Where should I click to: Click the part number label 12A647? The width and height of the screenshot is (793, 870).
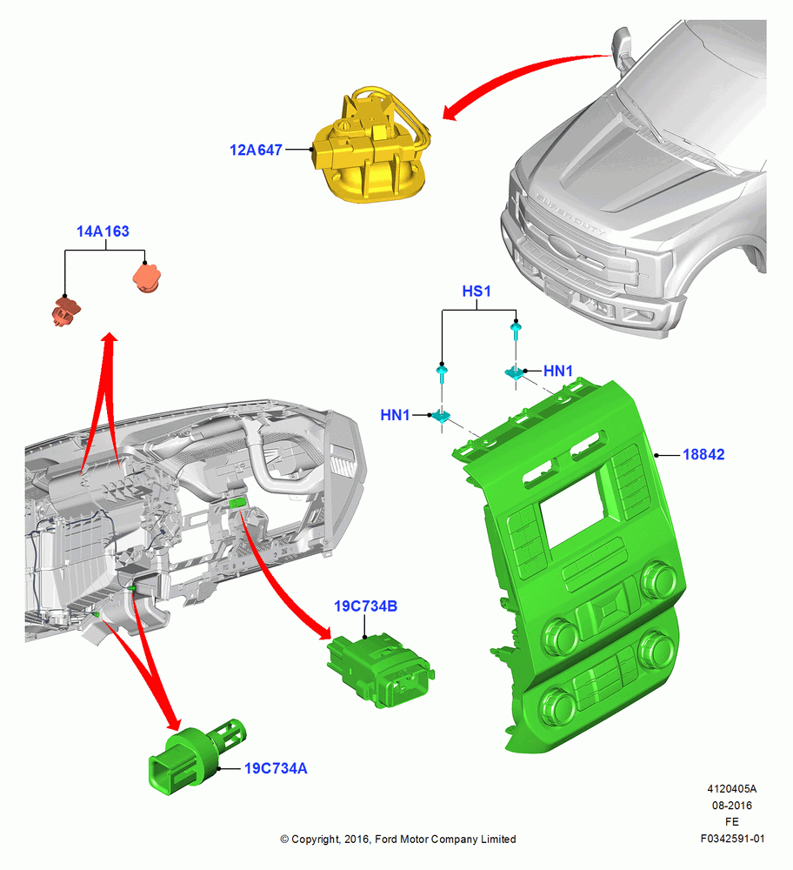tap(256, 150)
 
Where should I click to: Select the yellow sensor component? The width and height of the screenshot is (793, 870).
tap(370, 145)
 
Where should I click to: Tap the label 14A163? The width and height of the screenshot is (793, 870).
tap(103, 231)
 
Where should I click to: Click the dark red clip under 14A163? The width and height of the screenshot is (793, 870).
tap(67, 311)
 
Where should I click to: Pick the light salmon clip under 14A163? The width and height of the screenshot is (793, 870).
tap(147, 278)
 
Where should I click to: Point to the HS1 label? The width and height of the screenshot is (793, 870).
tap(476, 291)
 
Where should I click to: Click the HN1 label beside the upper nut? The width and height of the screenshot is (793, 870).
tap(558, 371)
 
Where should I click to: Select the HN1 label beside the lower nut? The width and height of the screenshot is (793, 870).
tap(395, 414)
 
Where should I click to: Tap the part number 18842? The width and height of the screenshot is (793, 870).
tap(703, 454)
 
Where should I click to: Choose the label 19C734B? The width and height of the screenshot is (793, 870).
tap(365, 606)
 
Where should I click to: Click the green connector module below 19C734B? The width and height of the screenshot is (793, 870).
tap(381, 672)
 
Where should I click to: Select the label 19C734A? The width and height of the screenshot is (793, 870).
tap(276, 768)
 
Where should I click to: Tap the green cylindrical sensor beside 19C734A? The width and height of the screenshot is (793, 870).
tap(196, 756)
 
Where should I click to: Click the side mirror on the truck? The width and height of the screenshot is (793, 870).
tap(623, 49)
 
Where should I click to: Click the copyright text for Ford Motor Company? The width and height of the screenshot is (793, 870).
tap(397, 840)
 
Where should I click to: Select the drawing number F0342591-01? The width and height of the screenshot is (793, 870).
tap(732, 839)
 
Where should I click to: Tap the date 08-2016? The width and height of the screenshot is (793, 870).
tap(732, 806)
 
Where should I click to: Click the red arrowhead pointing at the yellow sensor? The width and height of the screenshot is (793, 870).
tap(452, 111)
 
